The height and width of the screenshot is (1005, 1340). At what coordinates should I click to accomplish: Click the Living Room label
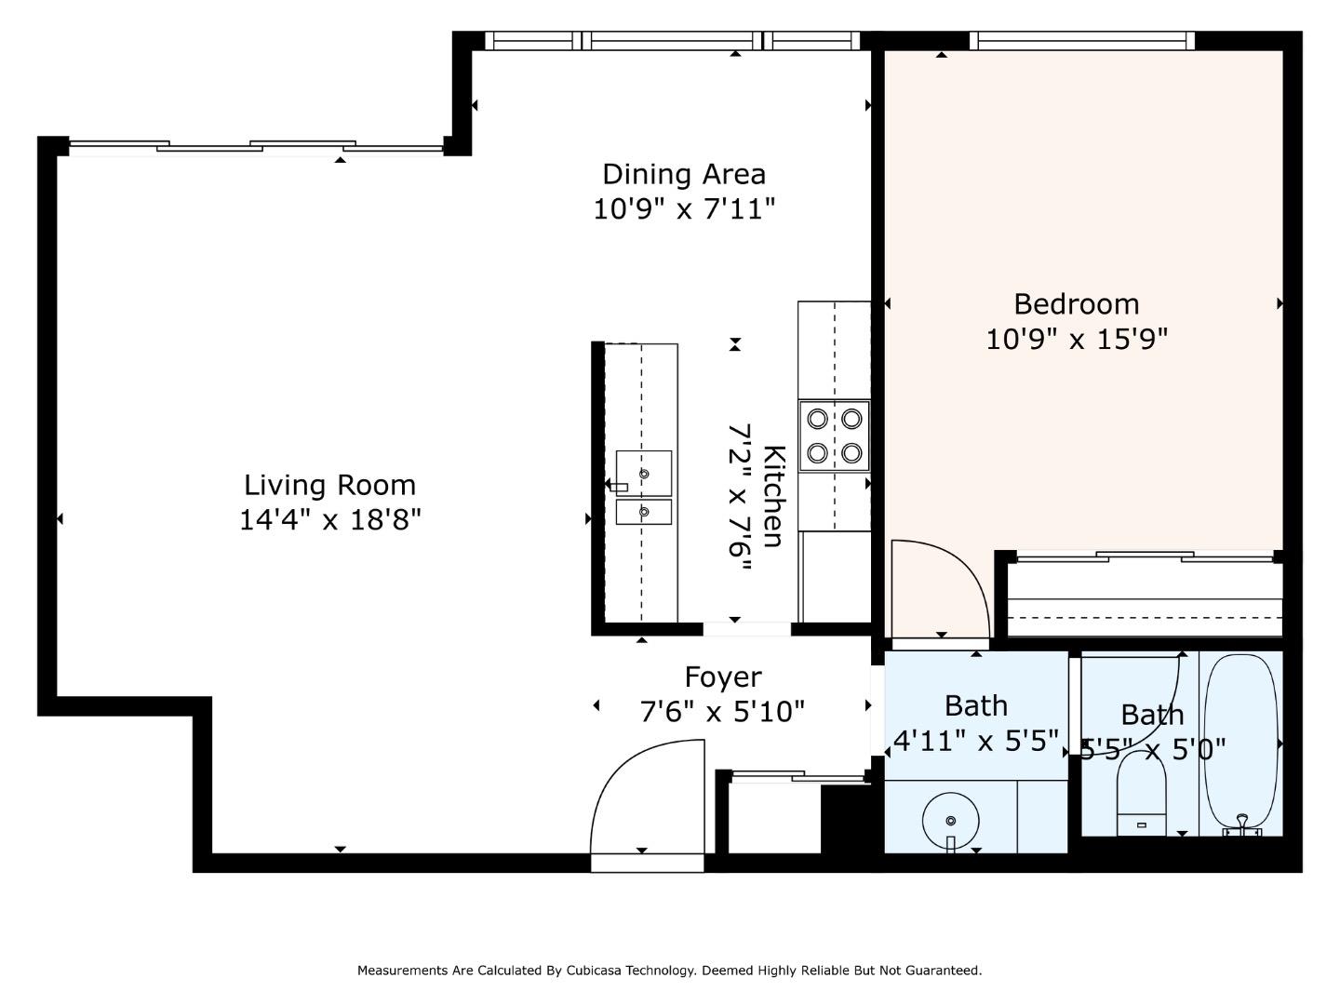(x=329, y=485)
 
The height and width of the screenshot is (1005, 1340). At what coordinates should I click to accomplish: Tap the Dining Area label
(x=684, y=174)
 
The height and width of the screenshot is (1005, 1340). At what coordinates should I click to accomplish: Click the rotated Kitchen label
(x=773, y=496)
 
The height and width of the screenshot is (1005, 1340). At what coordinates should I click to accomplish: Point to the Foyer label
(x=723, y=677)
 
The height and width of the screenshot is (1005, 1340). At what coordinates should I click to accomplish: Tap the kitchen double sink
(x=643, y=488)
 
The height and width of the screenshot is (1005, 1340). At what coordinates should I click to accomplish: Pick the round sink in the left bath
(x=950, y=820)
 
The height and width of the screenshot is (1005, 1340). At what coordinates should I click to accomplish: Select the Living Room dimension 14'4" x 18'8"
(x=330, y=519)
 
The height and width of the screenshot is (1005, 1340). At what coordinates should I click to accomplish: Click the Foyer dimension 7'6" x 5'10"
(x=722, y=712)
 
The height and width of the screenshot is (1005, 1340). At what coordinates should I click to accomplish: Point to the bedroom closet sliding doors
(x=1144, y=557)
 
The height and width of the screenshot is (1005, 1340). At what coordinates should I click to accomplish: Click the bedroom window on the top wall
(x=1081, y=41)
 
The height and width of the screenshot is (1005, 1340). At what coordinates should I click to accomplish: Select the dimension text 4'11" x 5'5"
(x=975, y=741)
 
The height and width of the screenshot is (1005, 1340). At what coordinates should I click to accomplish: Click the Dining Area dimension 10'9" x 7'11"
(x=684, y=208)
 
